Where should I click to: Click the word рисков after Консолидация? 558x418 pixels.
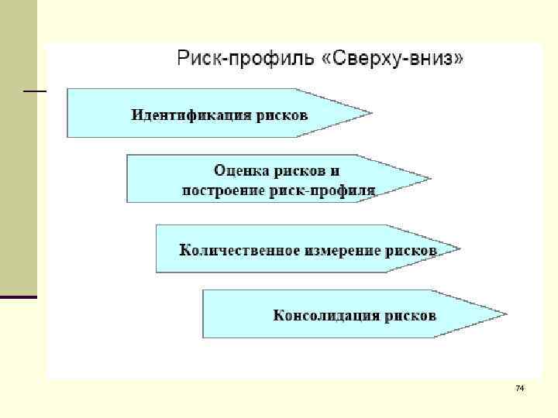click(x=411, y=315)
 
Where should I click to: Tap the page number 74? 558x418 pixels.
click(x=520, y=386)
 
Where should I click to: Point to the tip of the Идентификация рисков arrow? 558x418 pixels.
click(x=370, y=114)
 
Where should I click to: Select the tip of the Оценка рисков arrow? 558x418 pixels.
click(x=429, y=179)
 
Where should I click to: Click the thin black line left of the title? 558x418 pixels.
click(x=35, y=91)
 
